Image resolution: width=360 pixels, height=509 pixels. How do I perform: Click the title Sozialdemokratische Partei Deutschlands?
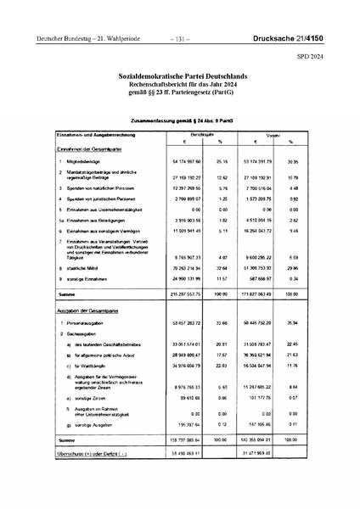pos(179,76)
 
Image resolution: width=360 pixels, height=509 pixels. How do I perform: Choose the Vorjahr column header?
pos(274,135)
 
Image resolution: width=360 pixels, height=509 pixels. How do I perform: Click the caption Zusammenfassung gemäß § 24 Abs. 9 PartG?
pos(179,121)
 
